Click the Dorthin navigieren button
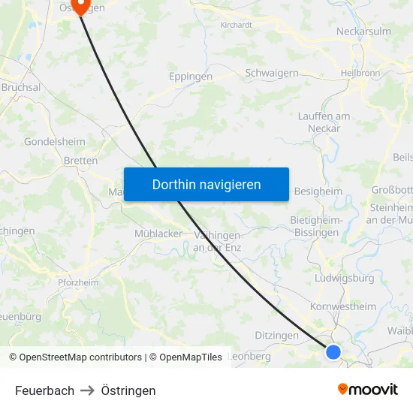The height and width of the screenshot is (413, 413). [206, 185]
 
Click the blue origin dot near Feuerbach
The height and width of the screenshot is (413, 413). [333, 351]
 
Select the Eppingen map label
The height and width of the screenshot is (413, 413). [191, 77]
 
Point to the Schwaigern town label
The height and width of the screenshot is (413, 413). [272, 74]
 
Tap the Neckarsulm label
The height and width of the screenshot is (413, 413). [363, 32]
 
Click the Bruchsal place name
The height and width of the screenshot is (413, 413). [21, 88]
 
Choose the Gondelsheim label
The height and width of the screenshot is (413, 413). [55, 141]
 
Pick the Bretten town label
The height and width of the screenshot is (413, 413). [80, 161]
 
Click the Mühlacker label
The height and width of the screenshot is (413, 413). [158, 234]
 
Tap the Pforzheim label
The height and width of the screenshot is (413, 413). [78, 282]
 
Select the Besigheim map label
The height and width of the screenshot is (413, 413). [318, 191]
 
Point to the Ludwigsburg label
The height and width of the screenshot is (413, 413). [345, 278]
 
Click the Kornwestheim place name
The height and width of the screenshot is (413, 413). [343, 306]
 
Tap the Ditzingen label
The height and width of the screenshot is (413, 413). [277, 336]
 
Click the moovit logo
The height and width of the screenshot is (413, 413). [368, 389]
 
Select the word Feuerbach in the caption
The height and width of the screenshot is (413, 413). [45, 390]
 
